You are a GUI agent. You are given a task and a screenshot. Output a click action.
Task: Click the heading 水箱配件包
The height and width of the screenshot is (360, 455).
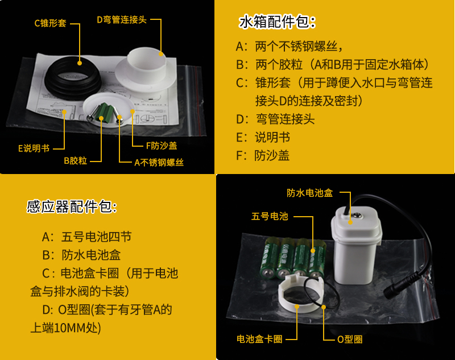point(277,23)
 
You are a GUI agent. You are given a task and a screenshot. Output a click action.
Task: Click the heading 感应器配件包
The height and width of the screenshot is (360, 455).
point(72,206)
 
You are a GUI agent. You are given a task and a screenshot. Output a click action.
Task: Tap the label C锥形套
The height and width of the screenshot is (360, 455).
point(51,23)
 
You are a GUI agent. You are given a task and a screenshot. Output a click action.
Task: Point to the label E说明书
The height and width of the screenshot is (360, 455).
point(34,148)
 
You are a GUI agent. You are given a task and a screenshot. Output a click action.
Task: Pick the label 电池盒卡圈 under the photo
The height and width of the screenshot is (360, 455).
point(259,339)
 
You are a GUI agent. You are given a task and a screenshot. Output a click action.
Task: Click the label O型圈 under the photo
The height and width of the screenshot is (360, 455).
point(350,339)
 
